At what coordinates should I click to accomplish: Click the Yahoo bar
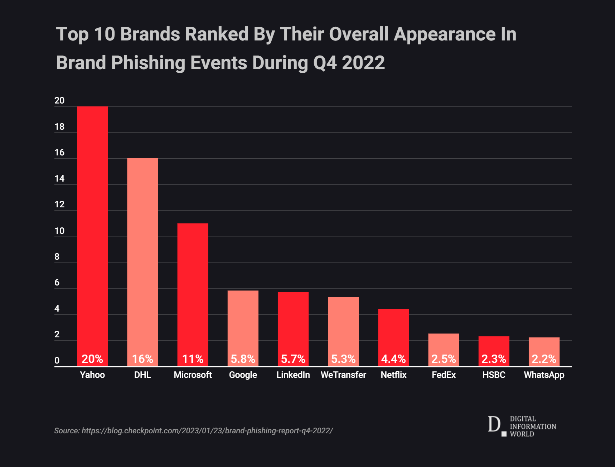[x=92, y=229]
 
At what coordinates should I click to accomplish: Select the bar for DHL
[x=142, y=258]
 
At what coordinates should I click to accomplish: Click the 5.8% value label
[x=243, y=359]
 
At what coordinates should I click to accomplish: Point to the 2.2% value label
[x=544, y=359]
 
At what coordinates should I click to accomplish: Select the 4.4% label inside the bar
[x=393, y=359]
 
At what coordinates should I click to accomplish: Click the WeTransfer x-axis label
[x=343, y=375]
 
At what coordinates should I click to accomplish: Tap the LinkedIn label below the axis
[x=293, y=375]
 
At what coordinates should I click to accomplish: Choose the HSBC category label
[x=494, y=375]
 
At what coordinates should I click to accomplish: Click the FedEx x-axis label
[x=444, y=375]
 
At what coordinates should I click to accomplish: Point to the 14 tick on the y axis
[x=59, y=179]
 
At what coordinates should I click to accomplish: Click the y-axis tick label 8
[x=57, y=257]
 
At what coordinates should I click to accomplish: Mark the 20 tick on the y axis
[x=59, y=101]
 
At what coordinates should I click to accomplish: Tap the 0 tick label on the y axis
[x=57, y=361]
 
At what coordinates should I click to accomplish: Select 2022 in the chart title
[x=363, y=63]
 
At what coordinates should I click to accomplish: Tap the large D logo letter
[x=494, y=424]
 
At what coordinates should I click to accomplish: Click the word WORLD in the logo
[x=522, y=434]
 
